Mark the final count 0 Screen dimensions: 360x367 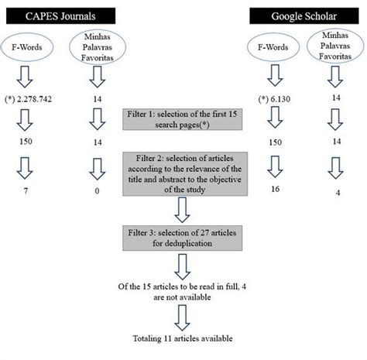pyautogui.click(x=96, y=188)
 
